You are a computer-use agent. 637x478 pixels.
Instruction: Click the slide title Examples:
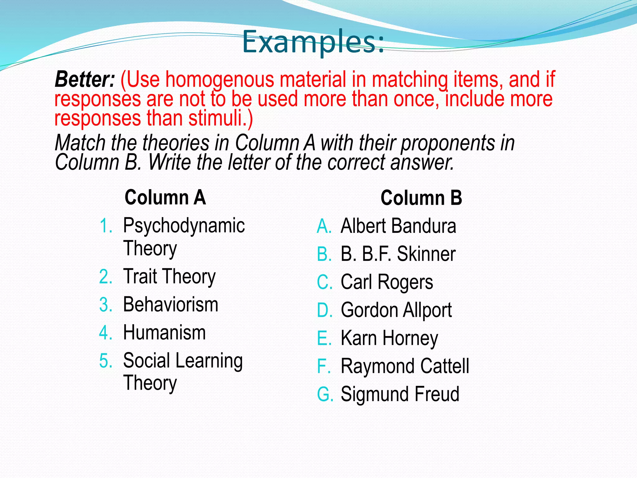click(x=313, y=41)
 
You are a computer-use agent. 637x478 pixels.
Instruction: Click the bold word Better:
click(x=85, y=79)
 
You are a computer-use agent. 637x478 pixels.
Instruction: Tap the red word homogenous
click(x=220, y=79)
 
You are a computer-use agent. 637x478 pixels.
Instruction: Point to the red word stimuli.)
click(x=221, y=118)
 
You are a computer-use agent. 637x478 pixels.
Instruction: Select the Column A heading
click(x=165, y=197)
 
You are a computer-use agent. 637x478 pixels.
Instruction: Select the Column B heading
click(x=421, y=198)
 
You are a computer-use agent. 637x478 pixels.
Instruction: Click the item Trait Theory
click(x=169, y=276)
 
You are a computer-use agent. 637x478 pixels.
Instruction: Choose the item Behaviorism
click(x=170, y=304)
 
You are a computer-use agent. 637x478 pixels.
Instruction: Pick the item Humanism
click(x=164, y=332)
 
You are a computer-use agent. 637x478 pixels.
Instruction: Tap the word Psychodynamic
click(x=184, y=226)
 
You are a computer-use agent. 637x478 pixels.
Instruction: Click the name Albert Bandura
click(x=398, y=226)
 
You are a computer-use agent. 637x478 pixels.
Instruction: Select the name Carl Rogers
click(x=387, y=282)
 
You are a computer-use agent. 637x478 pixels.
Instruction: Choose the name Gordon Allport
click(x=396, y=310)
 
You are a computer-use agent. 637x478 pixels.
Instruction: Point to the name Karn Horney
click(x=389, y=338)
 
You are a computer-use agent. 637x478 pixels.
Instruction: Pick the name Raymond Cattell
click(x=405, y=366)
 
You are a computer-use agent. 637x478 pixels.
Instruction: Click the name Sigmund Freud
click(x=400, y=394)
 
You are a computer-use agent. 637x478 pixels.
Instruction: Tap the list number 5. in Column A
click(x=106, y=361)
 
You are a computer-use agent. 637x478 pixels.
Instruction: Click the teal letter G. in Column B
click(x=325, y=394)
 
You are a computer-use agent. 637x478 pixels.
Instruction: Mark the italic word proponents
click(x=448, y=143)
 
